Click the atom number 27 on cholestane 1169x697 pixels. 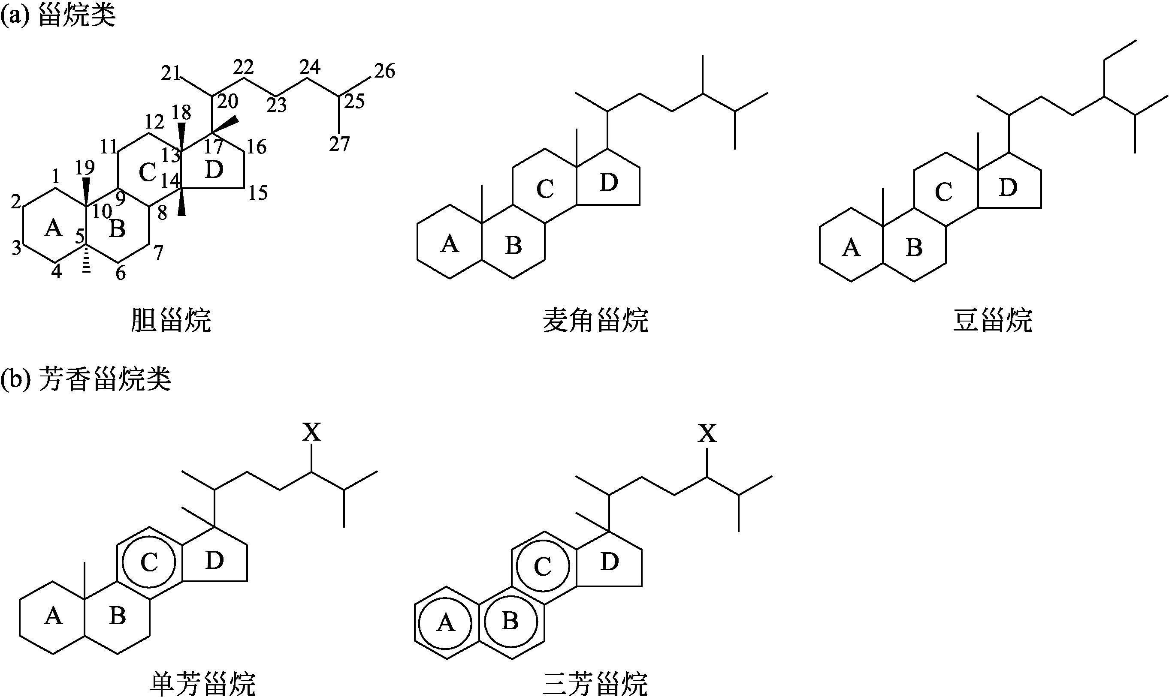(x=339, y=144)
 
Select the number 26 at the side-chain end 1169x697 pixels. (x=384, y=71)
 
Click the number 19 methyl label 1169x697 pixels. (x=85, y=167)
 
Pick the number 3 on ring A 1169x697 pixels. (x=16, y=247)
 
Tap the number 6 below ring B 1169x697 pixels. (x=121, y=273)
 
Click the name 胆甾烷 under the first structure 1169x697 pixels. (x=171, y=321)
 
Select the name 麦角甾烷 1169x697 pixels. (x=595, y=321)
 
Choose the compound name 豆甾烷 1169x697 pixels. (x=992, y=321)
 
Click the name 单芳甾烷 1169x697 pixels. (x=202, y=684)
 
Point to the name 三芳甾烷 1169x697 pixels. (x=595, y=684)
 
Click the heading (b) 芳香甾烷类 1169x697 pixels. (x=85, y=379)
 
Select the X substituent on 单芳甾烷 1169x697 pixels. (x=311, y=433)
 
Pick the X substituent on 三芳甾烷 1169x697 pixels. (x=707, y=433)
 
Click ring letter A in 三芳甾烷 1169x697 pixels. (x=446, y=623)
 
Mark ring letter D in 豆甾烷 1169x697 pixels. (x=1008, y=187)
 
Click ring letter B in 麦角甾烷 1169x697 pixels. (x=514, y=245)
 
